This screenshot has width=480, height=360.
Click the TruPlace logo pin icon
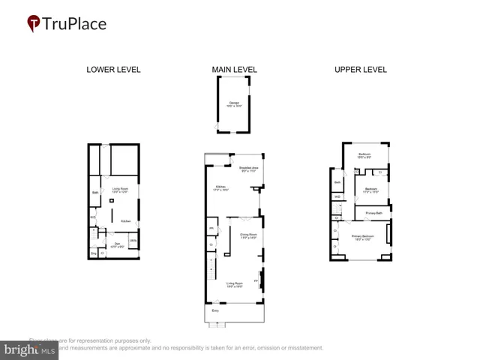pyautogui.click(x=34, y=24)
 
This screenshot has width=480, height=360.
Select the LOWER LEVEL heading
pyautogui.click(x=113, y=70)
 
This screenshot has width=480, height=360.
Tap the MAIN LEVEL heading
pyautogui.click(x=234, y=70)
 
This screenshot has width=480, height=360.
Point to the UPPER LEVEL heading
pyautogui.click(x=360, y=70)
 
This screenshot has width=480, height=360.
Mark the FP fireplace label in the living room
pyautogui.click(x=256, y=280)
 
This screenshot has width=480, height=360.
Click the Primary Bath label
pyautogui.click(x=373, y=214)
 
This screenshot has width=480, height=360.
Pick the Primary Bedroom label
pyautogui.click(x=362, y=237)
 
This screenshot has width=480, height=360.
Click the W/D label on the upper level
pyautogui.click(x=337, y=197)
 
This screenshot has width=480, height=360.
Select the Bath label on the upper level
pyautogui.click(x=337, y=181)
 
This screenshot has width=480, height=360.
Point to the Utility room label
pyautogui.click(x=132, y=240)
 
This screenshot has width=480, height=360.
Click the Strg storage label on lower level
pyautogui.click(x=94, y=253)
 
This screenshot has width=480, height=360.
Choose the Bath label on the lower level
pyautogui.click(x=95, y=193)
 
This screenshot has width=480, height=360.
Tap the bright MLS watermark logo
pyautogui.click(x=29, y=349)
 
